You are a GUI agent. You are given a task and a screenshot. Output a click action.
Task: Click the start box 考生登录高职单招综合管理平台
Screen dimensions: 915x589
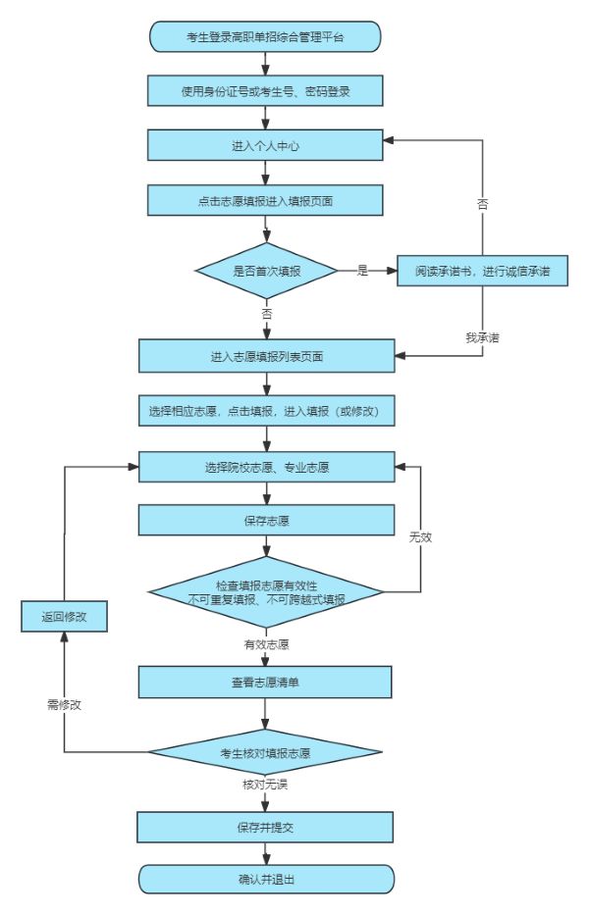coord(265,38)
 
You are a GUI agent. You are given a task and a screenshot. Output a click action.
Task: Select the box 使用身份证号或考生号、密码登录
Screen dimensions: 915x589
coord(265,91)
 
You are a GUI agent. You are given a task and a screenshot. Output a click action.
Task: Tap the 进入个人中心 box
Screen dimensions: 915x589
coord(265,145)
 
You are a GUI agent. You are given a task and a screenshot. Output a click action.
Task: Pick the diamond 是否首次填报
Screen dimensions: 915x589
coord(266,270)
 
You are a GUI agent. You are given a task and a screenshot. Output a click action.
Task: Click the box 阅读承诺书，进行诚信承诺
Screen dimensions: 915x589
coord(483,271)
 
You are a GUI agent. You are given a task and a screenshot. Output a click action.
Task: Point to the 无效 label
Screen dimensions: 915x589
coord(421,538)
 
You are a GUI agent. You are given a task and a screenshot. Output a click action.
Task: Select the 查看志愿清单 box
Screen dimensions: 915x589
coord(265,682)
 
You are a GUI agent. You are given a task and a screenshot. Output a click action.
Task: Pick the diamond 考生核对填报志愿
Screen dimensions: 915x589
coord(265,753)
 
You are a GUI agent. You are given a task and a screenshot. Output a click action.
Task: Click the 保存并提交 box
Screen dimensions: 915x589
coord(265,827)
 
